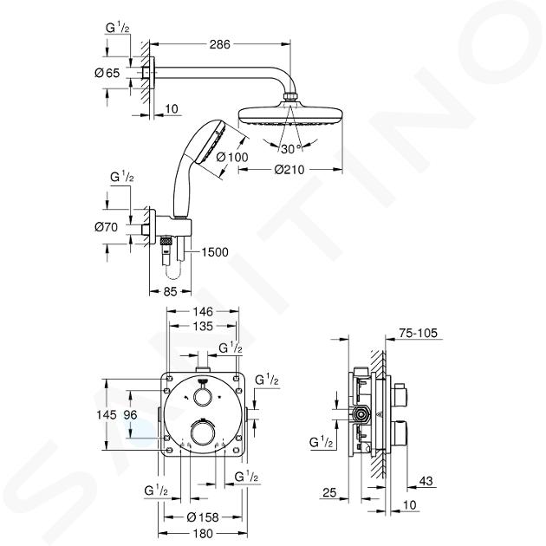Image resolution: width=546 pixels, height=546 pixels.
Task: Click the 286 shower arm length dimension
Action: [220, 44]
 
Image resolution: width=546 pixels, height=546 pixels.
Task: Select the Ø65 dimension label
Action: [107, 73]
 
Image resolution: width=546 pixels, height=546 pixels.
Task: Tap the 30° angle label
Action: [290, 149]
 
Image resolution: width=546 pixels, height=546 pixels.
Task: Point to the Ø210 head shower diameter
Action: [289, 170]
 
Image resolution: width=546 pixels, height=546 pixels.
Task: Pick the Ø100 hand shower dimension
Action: [232, 158]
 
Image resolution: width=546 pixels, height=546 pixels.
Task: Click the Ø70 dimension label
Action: [107, 227]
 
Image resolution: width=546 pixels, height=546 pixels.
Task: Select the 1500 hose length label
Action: [215, 251]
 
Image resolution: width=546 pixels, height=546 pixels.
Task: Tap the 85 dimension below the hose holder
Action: [170, 291]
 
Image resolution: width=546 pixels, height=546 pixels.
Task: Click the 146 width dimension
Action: [203, 310]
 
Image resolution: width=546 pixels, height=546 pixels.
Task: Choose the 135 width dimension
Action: [203, 326]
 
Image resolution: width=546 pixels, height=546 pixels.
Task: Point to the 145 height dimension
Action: [107, 414]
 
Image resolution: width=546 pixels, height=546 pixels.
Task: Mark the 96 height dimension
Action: [130, 414]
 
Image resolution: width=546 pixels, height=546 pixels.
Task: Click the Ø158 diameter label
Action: [203, 517]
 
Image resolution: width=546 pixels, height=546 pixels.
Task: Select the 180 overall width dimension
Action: [203, 533]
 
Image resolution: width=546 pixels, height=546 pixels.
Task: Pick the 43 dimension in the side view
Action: [426, 481]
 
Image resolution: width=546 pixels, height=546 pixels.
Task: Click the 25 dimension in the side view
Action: [329, 492]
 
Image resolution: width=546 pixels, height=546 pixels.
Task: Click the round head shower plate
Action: [291, 114]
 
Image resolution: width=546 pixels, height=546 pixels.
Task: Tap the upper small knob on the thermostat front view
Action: [202, 397]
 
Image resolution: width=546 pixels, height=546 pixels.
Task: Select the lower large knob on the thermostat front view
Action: [202, 430]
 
